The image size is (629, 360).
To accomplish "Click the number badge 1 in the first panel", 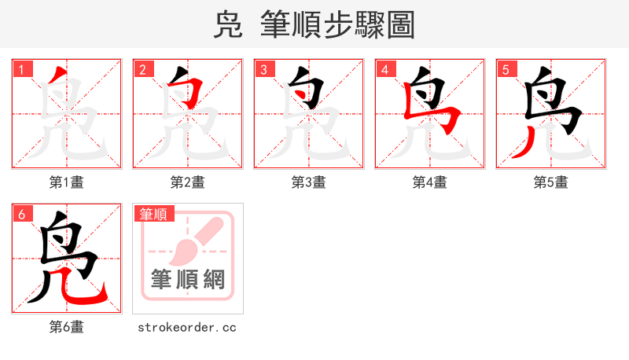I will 21,69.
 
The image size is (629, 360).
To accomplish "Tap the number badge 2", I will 142,69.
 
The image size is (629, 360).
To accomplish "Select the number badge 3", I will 263,69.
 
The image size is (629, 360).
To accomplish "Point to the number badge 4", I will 384,69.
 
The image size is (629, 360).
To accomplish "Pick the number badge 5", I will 506,69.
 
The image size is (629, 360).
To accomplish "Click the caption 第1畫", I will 66,182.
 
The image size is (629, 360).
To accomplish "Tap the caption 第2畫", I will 187,182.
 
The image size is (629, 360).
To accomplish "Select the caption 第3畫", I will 308,182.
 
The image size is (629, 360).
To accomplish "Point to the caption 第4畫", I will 429,182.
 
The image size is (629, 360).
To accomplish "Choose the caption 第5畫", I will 550,182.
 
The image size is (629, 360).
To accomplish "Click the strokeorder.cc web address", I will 187,327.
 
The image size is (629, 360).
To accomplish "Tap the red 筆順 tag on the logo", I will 154,214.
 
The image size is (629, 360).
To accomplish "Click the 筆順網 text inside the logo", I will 187,280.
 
